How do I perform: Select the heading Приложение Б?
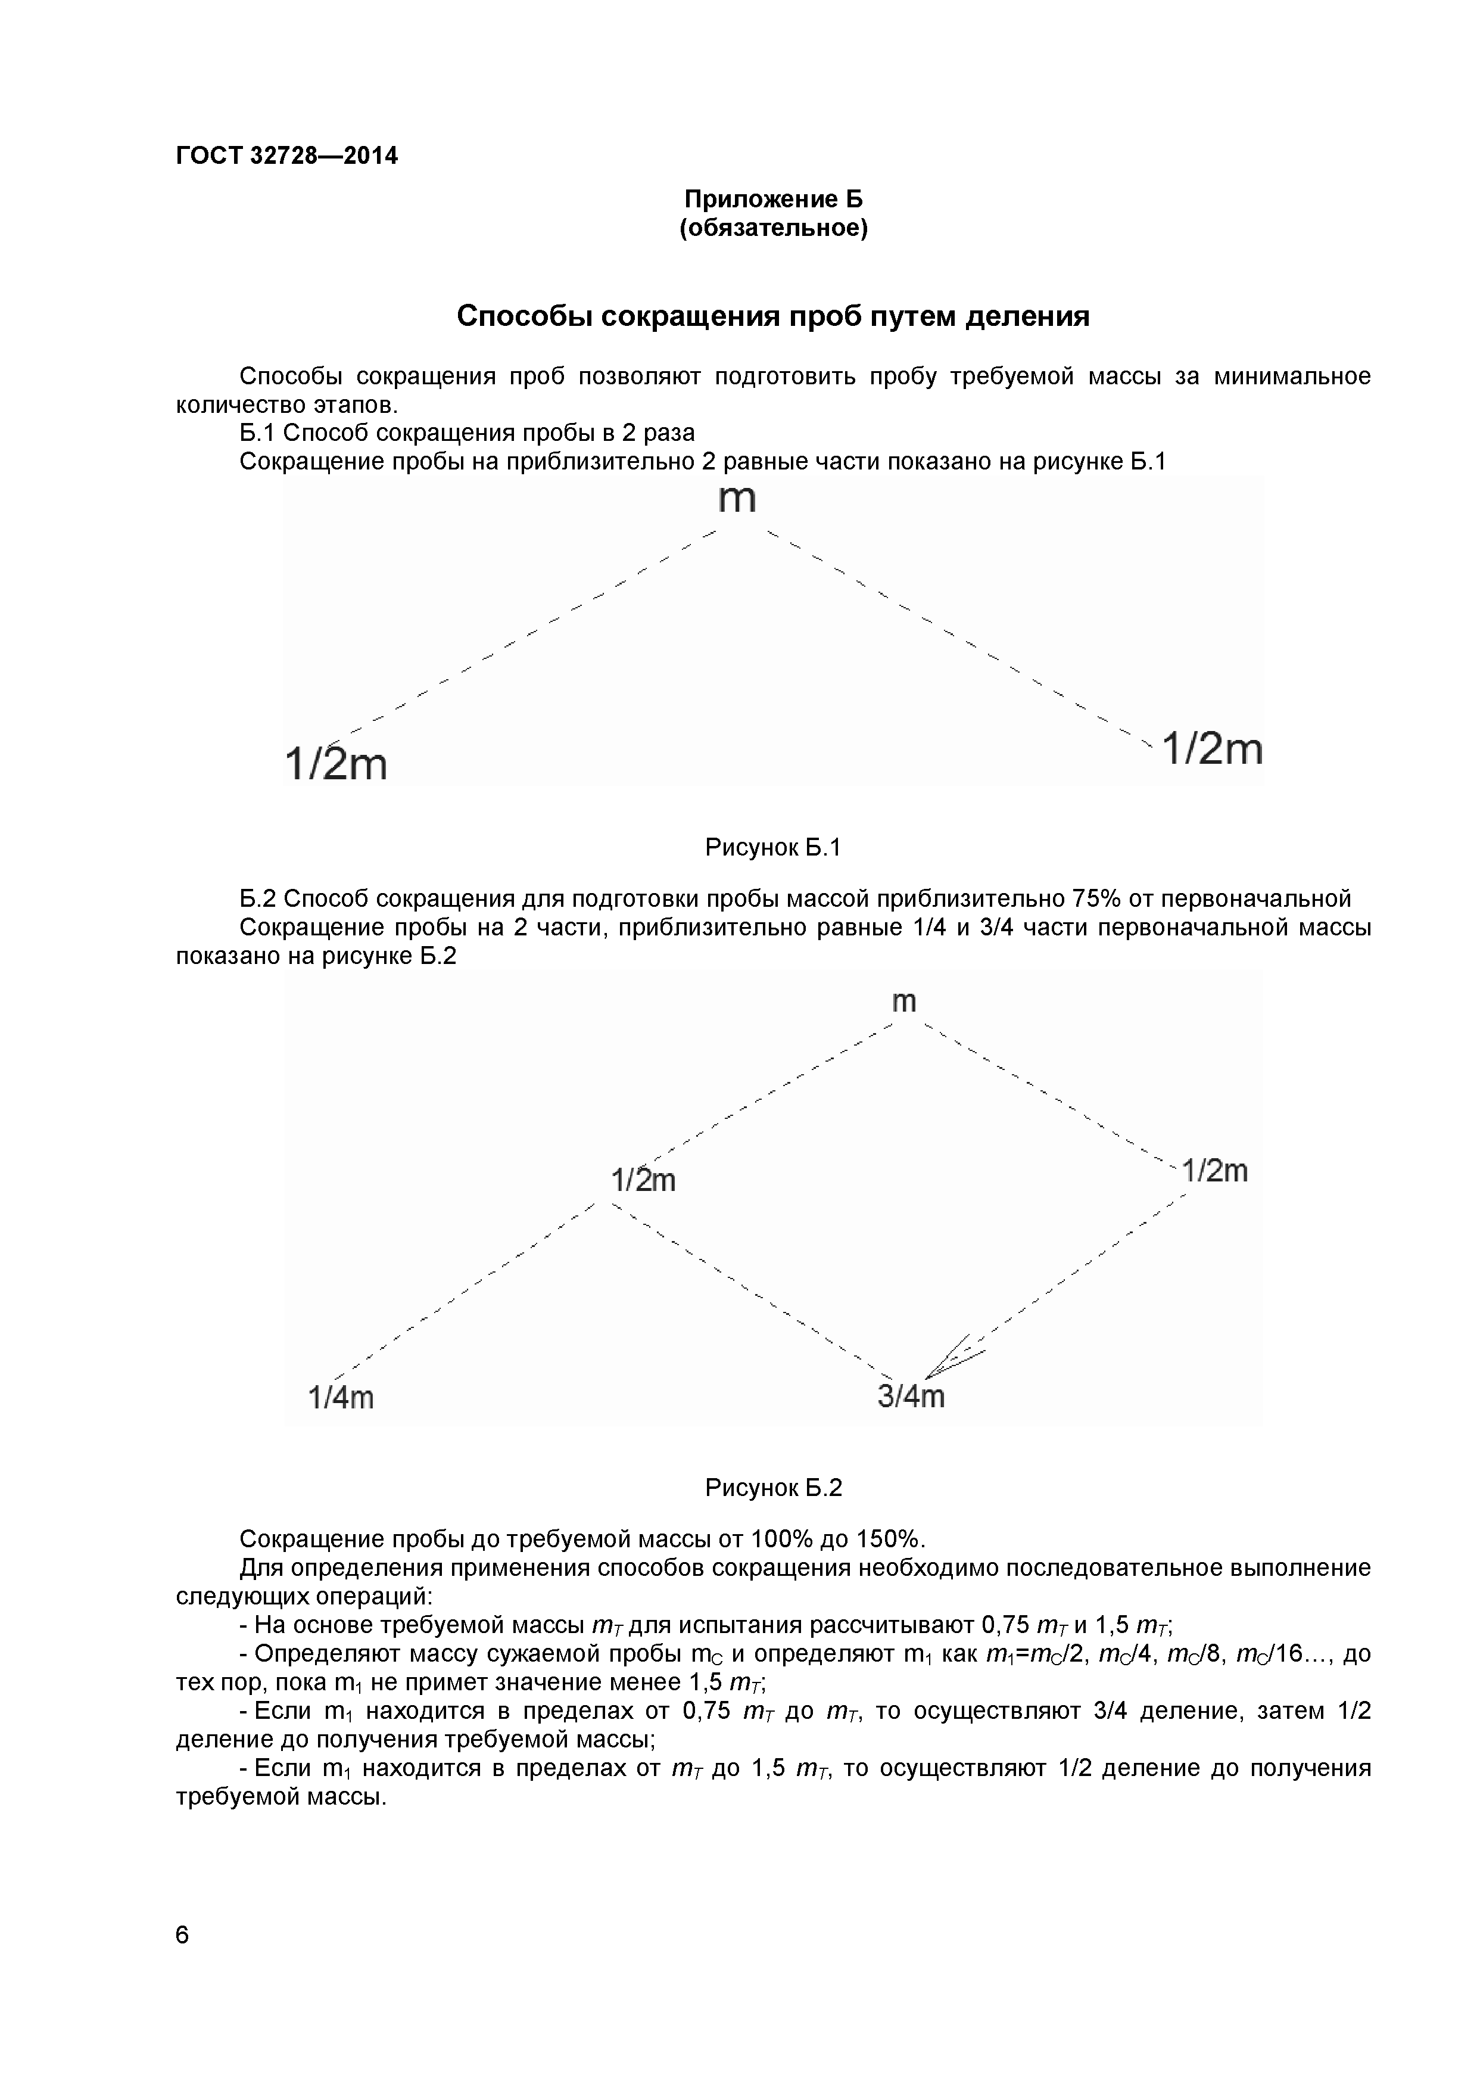pyautogui.click(x=774, y=200)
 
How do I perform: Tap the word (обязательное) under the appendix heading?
pyautogui.click(x=774, y=228)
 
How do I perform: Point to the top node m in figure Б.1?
pyautogui.click(x=737, y=500)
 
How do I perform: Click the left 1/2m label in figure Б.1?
pyautogui.click(x=336, y=763)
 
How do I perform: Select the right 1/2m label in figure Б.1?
pyautogui.click(x=1213, y=749)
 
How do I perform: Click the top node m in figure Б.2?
pyautogui.click(x=903, y=1002)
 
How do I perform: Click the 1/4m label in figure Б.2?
pyautogui.click(x=341, y=1397)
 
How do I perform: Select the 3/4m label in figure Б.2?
pyautogui.click(x=911, y=1397)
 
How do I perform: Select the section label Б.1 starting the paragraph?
pyautogui.click(x=257, y=433)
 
